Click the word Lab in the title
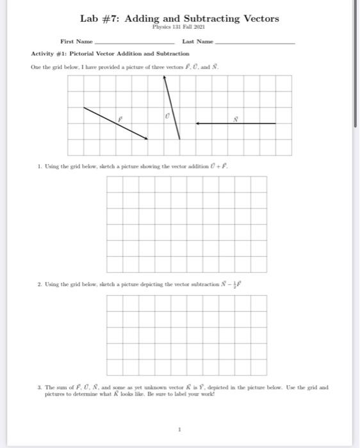click(x=90, y=19)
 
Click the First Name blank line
click(x=130, y=42)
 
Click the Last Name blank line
click(x=254, y=42)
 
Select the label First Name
click(x=76, y=40)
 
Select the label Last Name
click(x=197, y=40)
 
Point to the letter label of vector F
click(x=119, y=118)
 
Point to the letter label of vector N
click(x=235, y=118)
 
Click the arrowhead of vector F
click(x=147, y=136)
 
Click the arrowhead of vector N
click(x=199, y=124)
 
